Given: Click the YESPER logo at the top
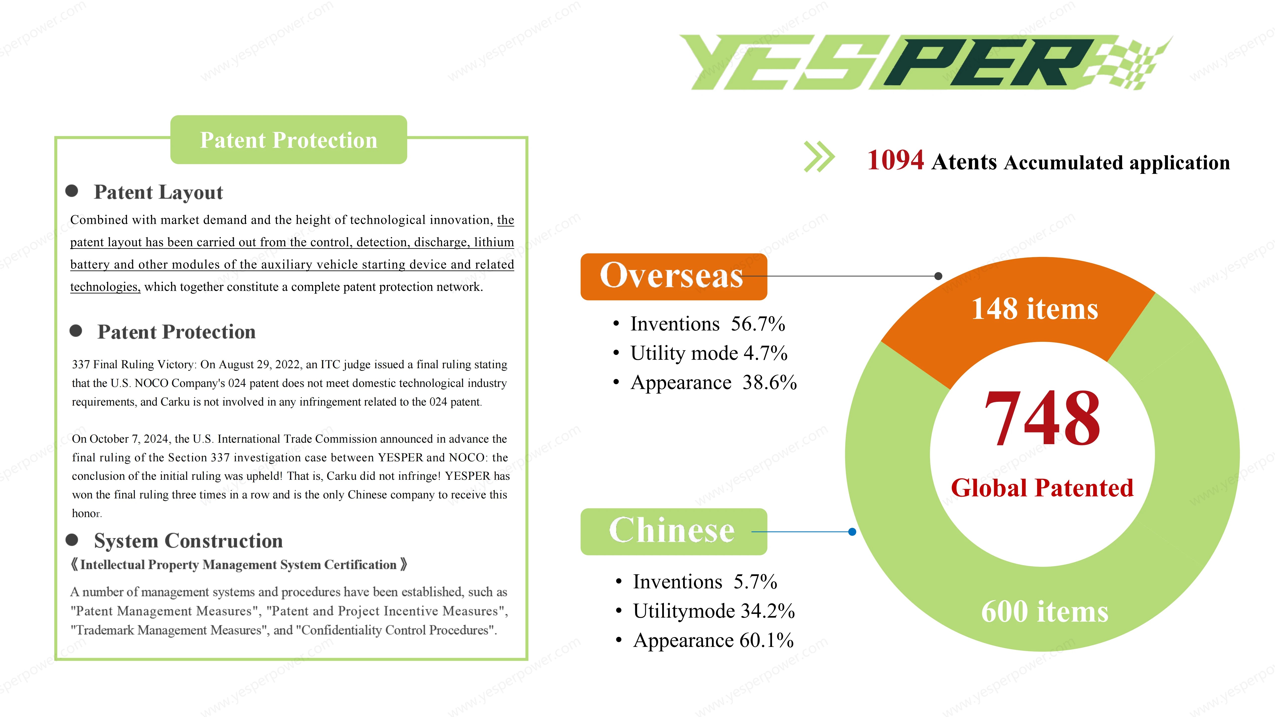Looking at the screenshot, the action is [x=926, y=62].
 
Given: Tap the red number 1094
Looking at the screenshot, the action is [x=895, y=160].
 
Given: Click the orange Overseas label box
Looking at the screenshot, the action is [x=674, y=277].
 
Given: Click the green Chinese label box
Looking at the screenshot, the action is [x=674, y=532].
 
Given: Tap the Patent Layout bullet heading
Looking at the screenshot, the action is [x=158, y=192].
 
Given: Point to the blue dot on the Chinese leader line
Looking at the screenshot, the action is [x=852, y=532].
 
